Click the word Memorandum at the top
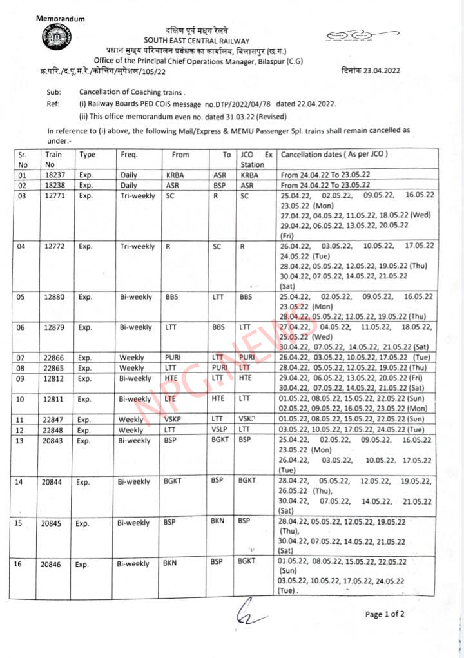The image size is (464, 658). pos(60,19)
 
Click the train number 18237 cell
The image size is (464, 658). pos(54,175)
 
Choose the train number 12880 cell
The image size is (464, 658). pos(54,297)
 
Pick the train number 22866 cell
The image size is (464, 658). pos(54,357)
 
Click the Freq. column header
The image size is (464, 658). pos(129,155)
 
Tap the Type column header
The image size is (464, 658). pos(87,155)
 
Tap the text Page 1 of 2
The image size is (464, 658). pos(385,614)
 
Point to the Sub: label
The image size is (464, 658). pos(54,92)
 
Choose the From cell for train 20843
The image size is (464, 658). pos(169,440)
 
